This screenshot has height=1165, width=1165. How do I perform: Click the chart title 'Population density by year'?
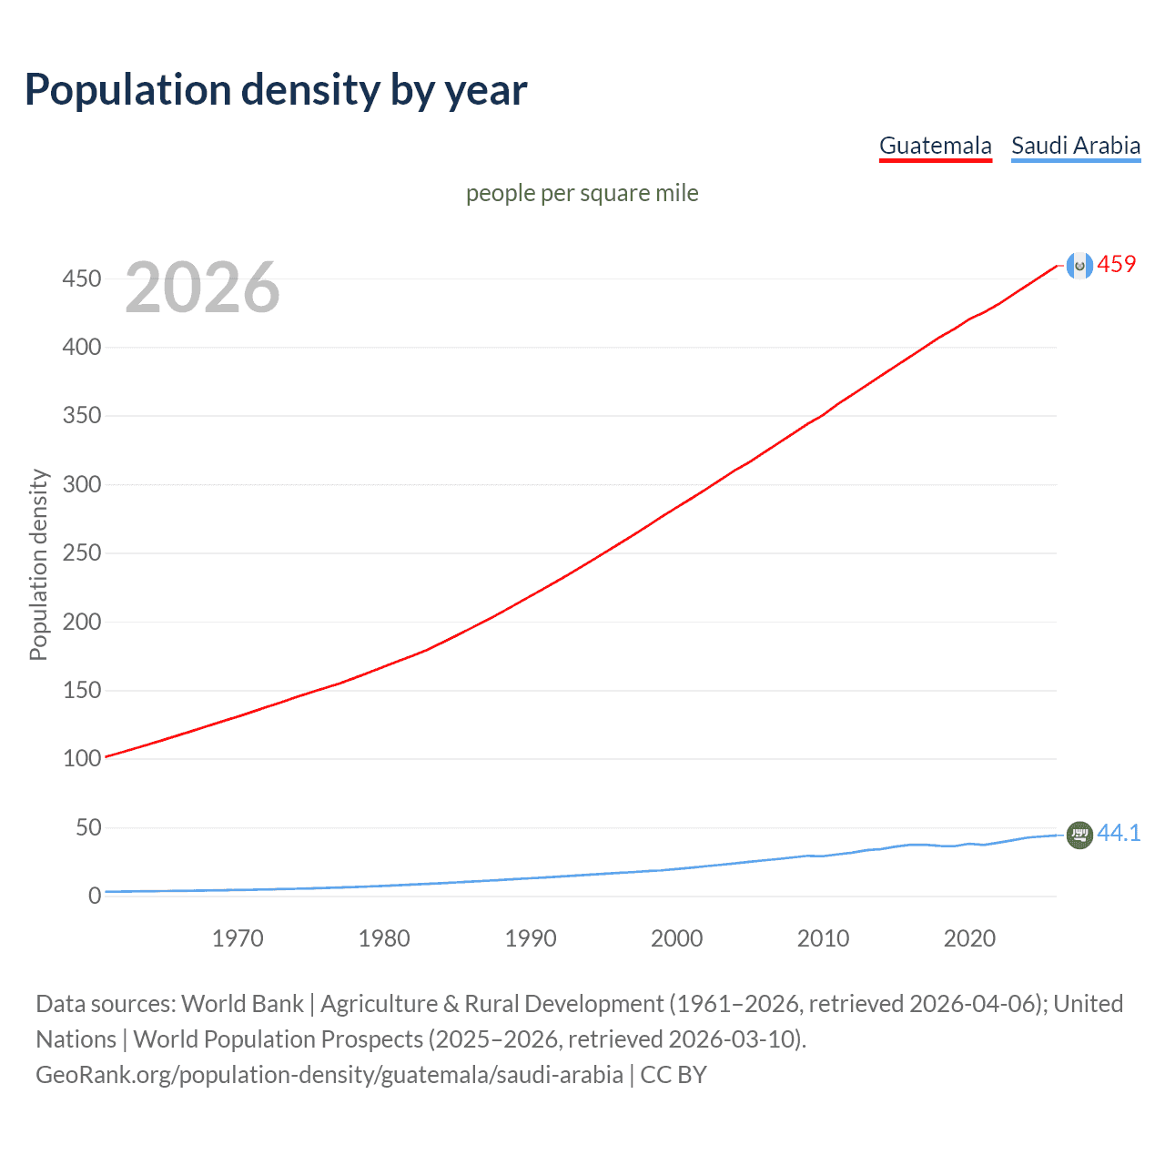[276, 90]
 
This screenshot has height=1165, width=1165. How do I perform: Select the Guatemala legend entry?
[935, 146]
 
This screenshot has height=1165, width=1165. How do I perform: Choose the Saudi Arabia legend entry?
[1075, 146]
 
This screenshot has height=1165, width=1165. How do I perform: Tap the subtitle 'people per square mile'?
[582, 193]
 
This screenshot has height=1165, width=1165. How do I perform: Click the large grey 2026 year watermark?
[202, 288]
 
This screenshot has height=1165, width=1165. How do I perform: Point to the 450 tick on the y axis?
[82, 279]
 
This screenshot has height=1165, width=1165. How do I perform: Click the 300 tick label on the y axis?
[82, 484]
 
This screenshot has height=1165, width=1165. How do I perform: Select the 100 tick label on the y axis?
[82, 758]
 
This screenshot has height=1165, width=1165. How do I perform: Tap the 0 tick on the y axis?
[95, 896]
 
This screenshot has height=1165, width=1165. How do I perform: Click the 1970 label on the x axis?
[238, 938]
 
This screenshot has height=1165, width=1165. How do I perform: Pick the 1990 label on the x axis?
[531, 938]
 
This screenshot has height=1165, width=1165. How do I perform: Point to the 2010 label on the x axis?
[823, 938]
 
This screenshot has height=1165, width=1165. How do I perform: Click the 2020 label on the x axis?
[969, 938]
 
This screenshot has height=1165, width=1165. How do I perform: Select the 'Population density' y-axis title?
[38, 564]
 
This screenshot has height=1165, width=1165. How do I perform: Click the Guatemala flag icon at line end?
[1079, 266]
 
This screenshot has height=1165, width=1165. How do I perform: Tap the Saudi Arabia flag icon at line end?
[1079, 835]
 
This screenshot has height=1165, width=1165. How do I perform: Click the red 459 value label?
[1117, 265]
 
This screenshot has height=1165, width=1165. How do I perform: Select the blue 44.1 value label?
[1119, 833]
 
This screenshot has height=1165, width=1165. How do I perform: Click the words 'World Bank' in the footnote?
[242, 1004]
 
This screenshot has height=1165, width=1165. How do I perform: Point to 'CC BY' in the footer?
[674, 1075]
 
